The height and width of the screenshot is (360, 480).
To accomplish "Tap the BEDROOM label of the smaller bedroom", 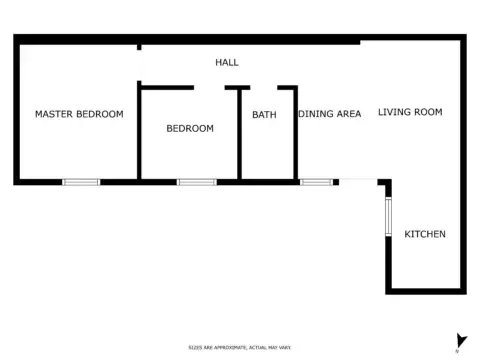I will pyautogui.click(x=189, y=128).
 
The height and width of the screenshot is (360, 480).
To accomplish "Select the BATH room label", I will pyautogui.click(x=264, y=115).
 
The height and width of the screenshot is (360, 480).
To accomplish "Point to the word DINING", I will pyautogui.click(x=315, y=114).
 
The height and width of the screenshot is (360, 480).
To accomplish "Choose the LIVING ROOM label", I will pyautogui.click(x=409, y=112).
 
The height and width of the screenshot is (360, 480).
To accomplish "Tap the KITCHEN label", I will pyautogui.click(x=424, y=234).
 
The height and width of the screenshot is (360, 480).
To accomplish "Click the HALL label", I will pyautogui.click(x=227, y=63).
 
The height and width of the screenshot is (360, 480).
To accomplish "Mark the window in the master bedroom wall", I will pyautogui.click(x=81, y=182).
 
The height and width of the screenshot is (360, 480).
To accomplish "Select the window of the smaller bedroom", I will pyautogui.click(x=196, y=182).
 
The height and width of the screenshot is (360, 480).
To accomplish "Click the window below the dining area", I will pyautogui.click(x=317, y=182).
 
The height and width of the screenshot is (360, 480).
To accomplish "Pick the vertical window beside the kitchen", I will pyautogui.click(x=388, y=217).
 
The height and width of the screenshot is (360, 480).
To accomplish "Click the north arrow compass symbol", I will pyautogui.click(x=461, y=341).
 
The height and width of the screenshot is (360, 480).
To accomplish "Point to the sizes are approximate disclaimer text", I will pyautogui.click(x=239, y=346).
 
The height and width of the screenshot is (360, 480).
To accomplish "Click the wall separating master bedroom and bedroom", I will pyautogui.click(x=139, y=135).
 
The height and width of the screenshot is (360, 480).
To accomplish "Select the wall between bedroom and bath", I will pyautogui.click(x=239, y=135).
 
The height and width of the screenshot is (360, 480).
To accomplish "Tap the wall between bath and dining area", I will pyautogui.click(x=295, y=135).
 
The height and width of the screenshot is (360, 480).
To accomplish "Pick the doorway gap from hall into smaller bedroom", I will pyautogui.click(x=209, y=88).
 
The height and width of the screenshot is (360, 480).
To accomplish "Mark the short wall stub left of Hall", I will pyautogui.click(x=139, y=45).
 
